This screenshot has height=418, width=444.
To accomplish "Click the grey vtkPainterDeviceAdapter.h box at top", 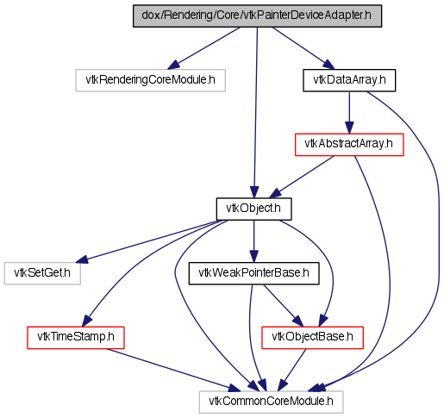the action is point(257,16).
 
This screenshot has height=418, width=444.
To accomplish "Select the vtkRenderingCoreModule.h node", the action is point(150,80).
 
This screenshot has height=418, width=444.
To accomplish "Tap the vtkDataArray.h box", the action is point(349,80).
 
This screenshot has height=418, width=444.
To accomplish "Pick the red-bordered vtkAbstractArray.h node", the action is point(349,145).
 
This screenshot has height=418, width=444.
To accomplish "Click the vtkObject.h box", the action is point(253,209).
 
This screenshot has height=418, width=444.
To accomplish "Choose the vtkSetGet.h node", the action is point(42,273).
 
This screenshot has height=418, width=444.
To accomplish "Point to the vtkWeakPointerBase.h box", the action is point(253,273).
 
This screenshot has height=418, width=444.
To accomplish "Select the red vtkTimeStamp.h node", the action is point(76,338).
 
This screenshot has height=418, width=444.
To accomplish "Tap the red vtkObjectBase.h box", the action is point(312,338).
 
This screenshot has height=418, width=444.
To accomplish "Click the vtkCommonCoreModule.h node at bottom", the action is point(271,402).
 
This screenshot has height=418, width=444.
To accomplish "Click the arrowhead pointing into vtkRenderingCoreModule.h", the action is point(173,66).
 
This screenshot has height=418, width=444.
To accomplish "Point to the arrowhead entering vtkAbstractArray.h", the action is point(349,128).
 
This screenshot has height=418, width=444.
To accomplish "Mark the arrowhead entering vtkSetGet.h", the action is point(81,259).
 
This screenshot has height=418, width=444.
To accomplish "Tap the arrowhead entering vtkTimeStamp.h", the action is point(86,321).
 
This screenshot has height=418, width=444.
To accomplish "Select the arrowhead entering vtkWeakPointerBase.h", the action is point(253,257).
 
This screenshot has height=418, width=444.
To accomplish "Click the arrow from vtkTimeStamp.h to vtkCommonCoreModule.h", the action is point(173,371).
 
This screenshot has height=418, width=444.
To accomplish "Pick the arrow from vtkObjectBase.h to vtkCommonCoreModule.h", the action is point(292,370).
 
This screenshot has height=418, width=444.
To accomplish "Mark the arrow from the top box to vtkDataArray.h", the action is point(303,48).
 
